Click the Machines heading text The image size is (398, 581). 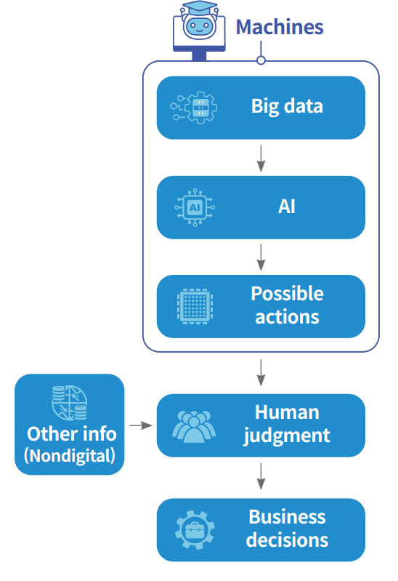[280, 27]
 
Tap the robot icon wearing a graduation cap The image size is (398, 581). [199, 31]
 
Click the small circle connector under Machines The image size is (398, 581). [261, 60]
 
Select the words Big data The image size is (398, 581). [287, 107]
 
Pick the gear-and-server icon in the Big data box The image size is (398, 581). [194, 108]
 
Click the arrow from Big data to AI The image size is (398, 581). [261, 159]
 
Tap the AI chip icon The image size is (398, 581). [195, 207]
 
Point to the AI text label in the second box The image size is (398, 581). [287, 207]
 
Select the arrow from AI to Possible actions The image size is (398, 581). [261, 257]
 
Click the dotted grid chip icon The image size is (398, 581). [195, 306]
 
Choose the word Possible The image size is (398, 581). [287, 294]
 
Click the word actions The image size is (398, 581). [287, 317]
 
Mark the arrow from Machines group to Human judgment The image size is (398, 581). [261, 372]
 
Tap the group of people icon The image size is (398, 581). [194, 427]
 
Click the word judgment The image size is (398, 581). [287, 436]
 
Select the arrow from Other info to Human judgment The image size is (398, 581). [141, 425]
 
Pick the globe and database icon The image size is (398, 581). [69, 403]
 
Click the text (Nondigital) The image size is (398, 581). [70, 456]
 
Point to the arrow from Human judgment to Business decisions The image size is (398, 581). [261, 476]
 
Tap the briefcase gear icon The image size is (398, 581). [195, 530]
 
